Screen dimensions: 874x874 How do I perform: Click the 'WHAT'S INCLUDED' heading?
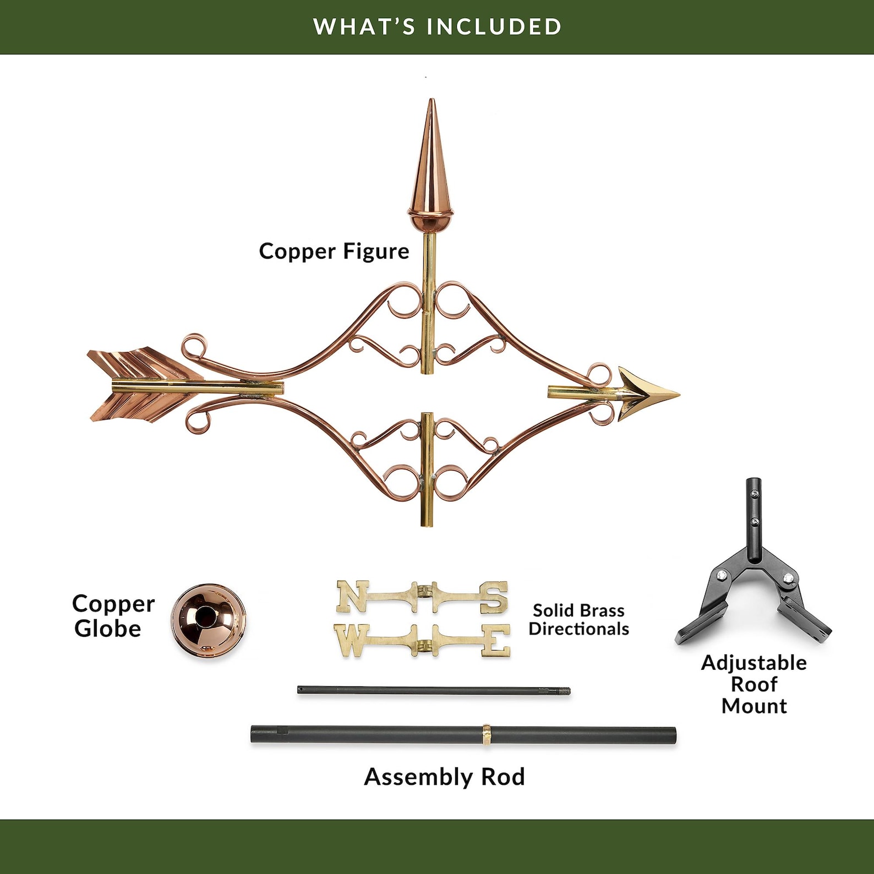click(x=438, y=26)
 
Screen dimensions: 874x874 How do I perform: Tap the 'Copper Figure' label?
click(x=334, y=251)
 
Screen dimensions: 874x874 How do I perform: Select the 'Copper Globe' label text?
click(x=113, y=616)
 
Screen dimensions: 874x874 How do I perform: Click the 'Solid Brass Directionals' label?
click(x=579, y=619)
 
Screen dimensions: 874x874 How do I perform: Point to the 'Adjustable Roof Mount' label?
click(x=754, y=684)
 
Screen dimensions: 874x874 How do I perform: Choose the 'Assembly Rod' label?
click(x=444, y=777)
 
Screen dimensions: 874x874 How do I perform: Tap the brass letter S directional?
click(x=494, y=598)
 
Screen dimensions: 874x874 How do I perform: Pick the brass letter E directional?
click(x=496, y=642)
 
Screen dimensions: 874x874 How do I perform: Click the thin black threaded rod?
click(x=434, y=690)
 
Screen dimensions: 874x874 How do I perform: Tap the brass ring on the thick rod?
click(x=487, y=735)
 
